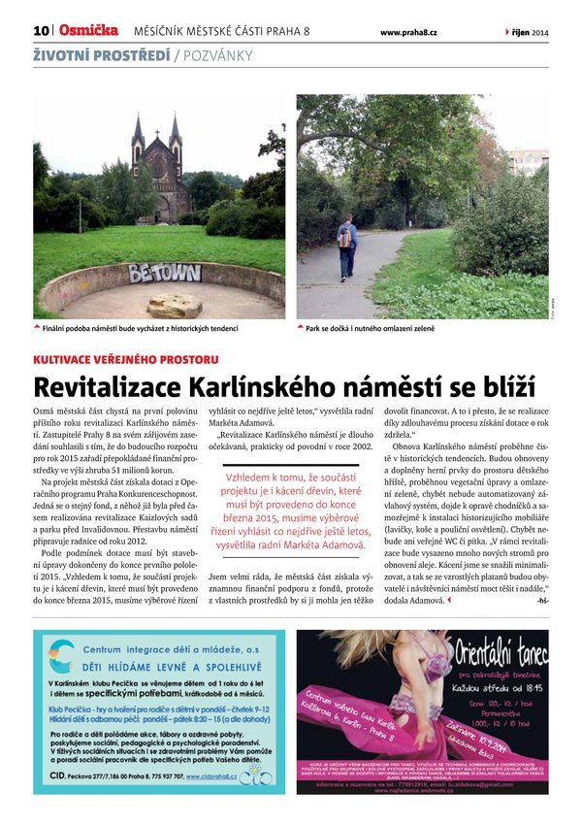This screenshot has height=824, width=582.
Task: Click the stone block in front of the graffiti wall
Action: tap(175, 306)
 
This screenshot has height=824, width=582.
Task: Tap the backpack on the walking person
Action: tap(344, 238)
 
